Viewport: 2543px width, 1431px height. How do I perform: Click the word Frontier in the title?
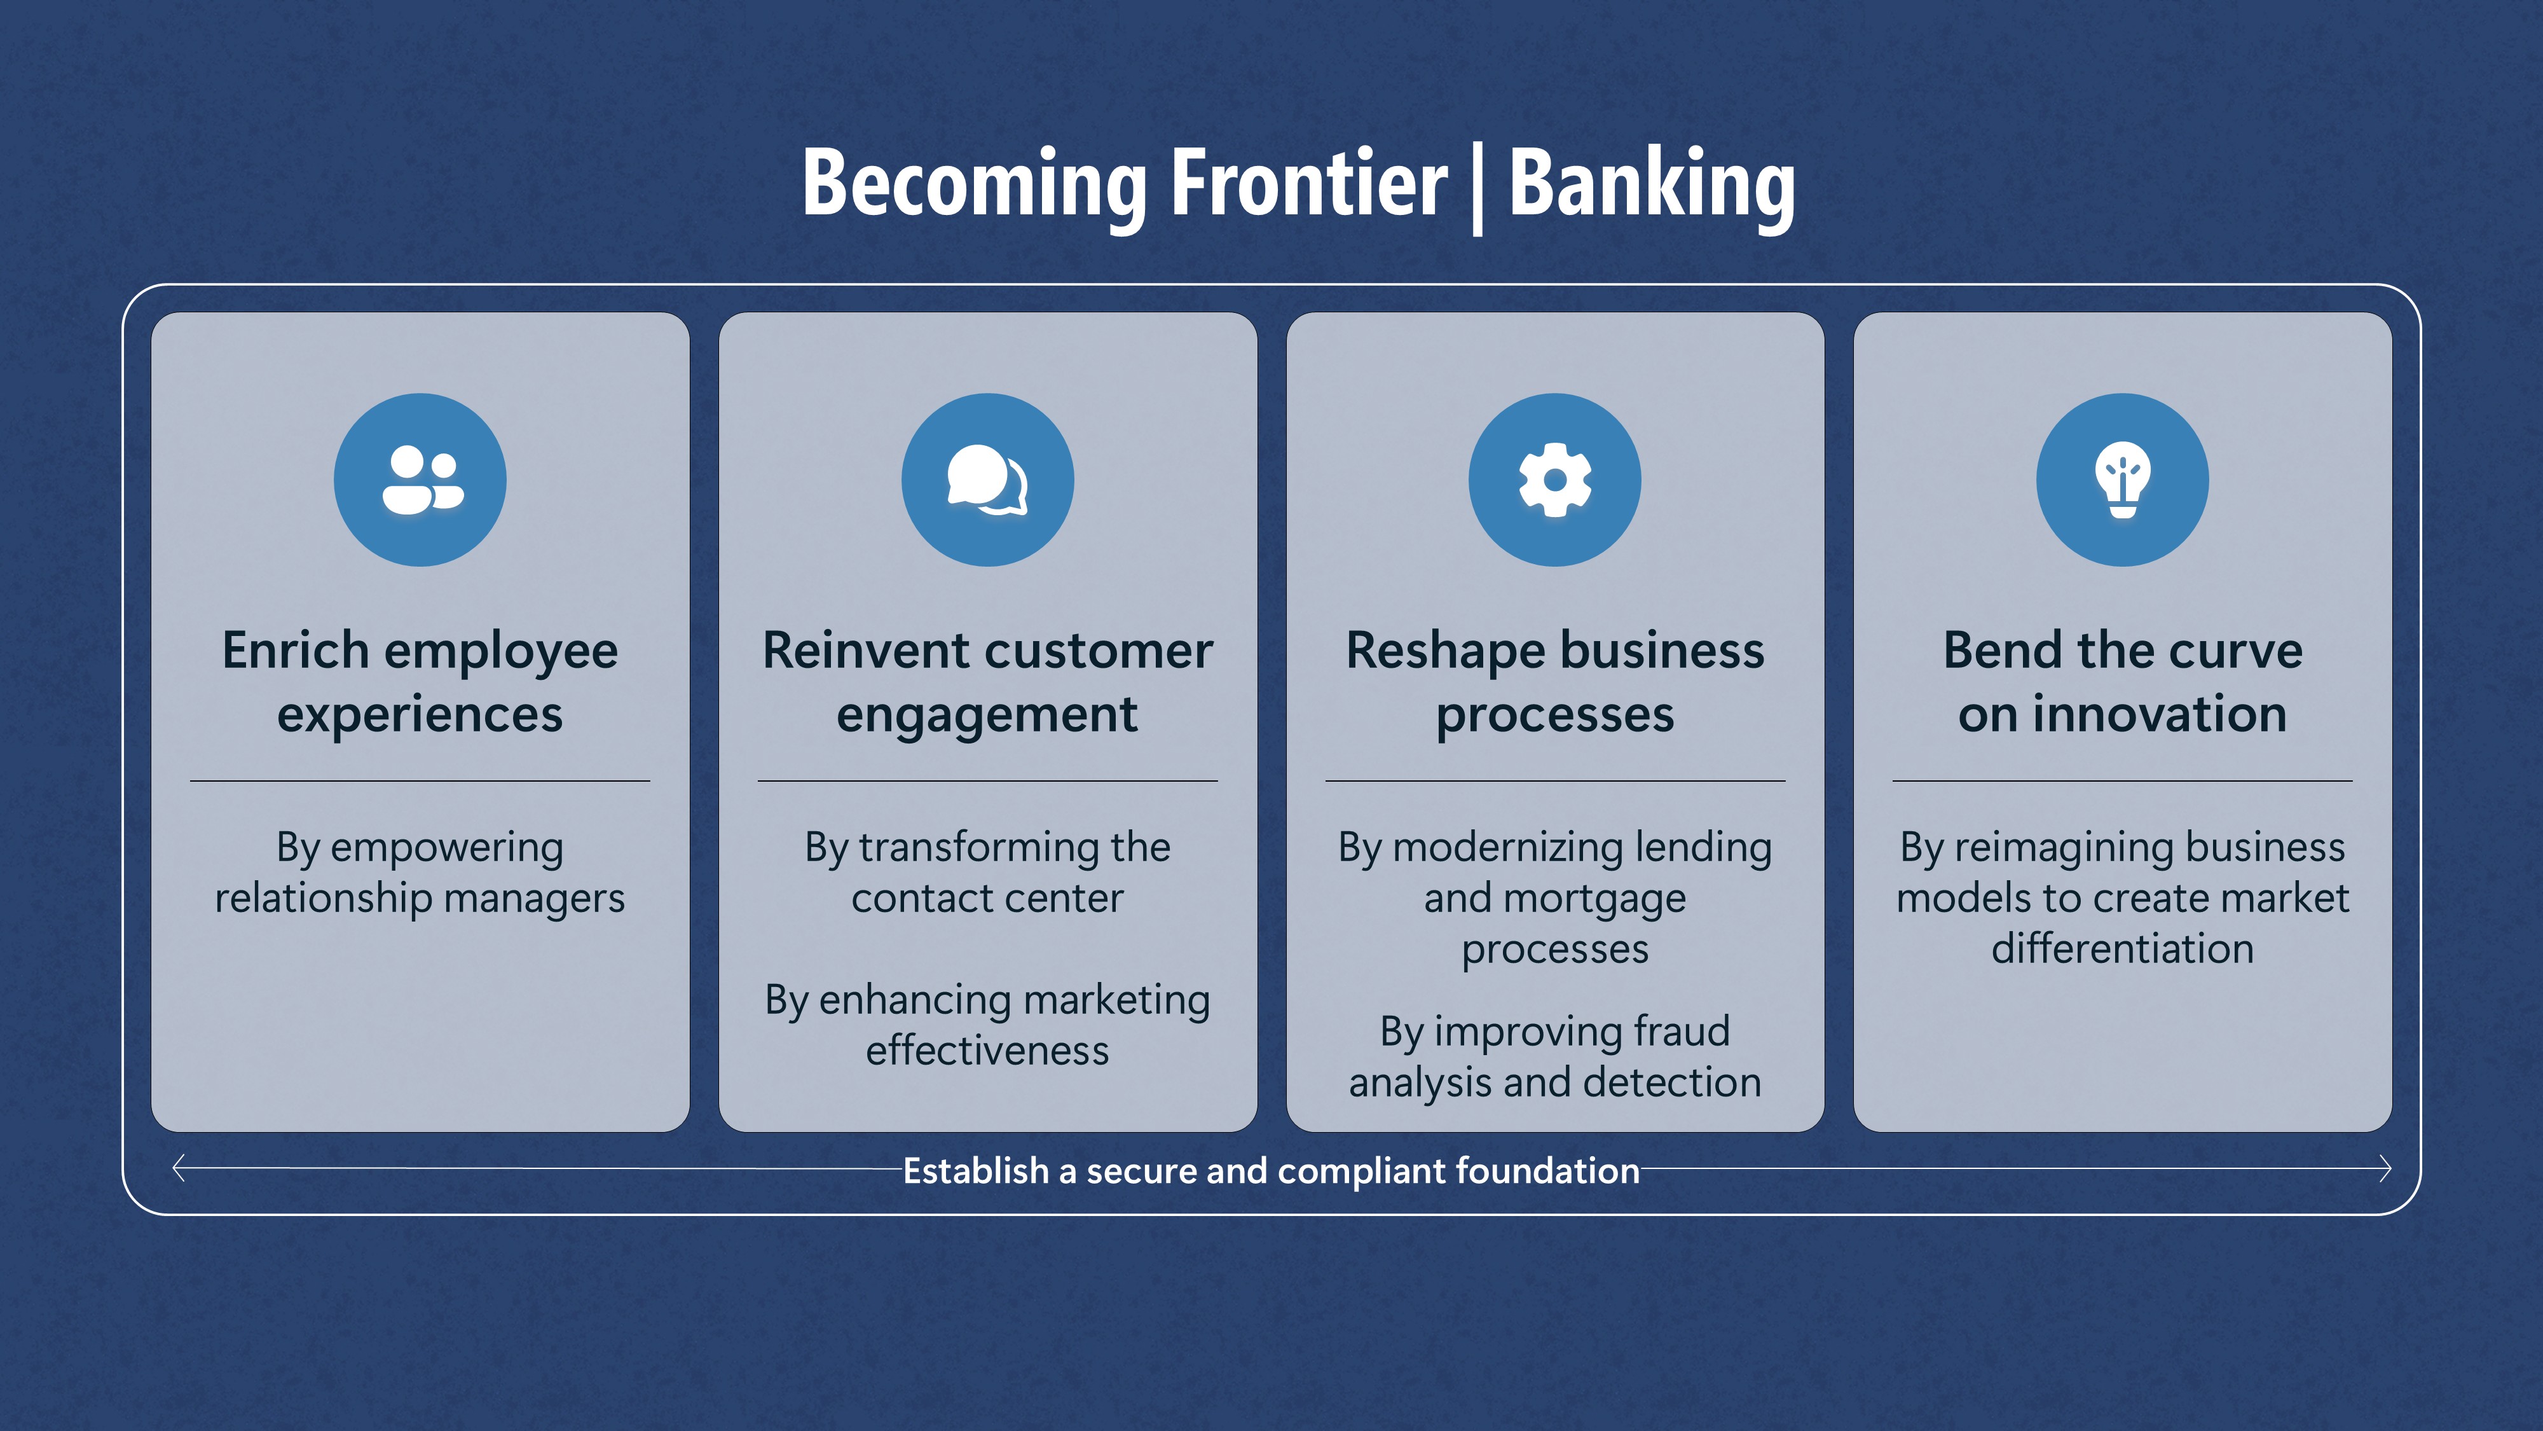coord(1308,184)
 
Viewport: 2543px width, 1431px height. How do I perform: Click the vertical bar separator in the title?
coord(1478,188)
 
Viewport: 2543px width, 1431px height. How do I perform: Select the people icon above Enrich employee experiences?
coord(420,480)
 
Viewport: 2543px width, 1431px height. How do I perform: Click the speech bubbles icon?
coord(987,480)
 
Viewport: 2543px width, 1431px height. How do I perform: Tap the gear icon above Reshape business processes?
coord(1555,480)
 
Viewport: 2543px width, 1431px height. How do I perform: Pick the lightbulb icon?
coord(2123,480)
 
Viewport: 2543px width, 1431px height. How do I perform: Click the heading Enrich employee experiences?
coord(420,681)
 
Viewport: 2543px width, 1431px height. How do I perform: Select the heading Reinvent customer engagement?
coord(987,681)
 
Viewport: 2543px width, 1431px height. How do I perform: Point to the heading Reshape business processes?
coord(1555,681)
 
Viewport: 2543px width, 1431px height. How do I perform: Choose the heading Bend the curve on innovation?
coord(2123,681)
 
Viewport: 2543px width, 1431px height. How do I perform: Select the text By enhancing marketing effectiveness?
coord(987,1025)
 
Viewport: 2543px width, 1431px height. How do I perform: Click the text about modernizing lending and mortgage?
coord(1555,897)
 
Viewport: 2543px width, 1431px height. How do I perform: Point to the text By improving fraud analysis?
coord(1555,1056)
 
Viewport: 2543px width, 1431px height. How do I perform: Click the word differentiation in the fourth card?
coord(2123,949)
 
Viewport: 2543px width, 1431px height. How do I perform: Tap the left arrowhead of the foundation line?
coord(179,1168)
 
